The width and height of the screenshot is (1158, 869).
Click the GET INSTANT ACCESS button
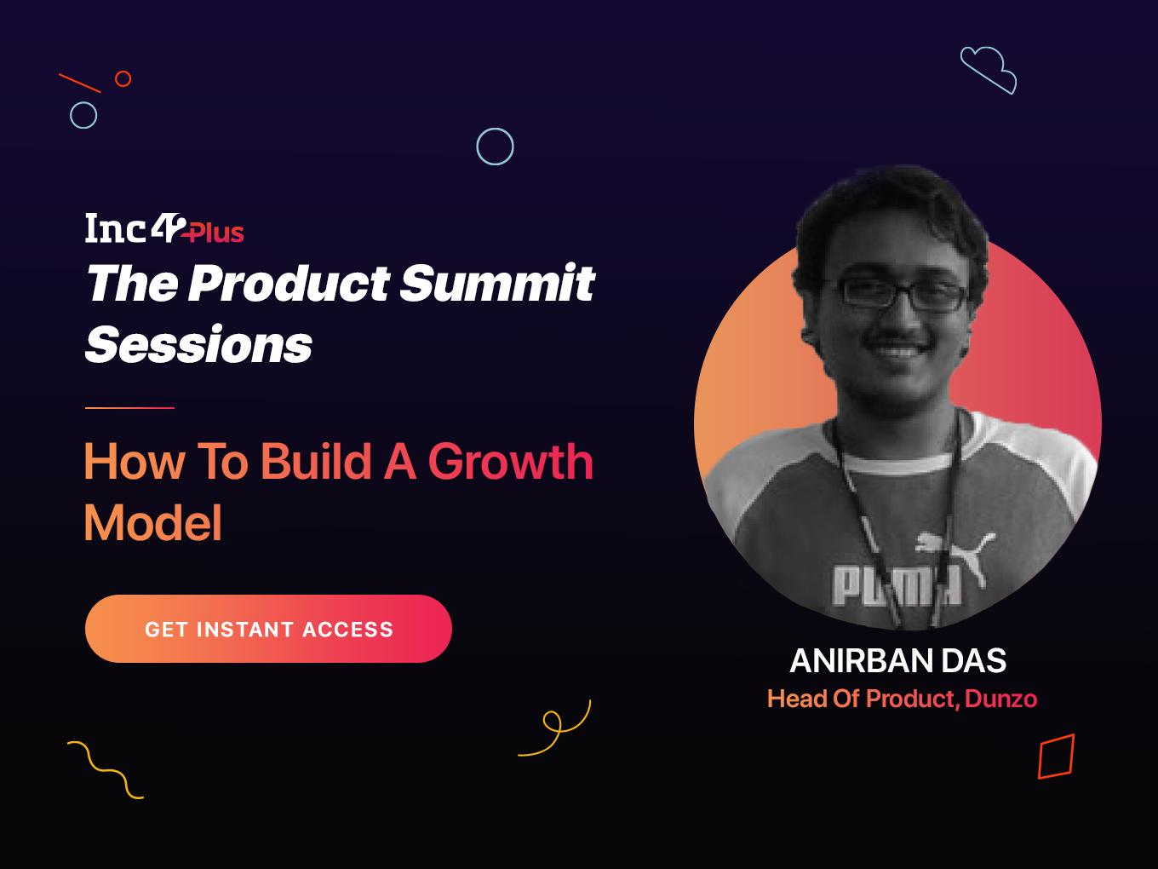tap(268, 629)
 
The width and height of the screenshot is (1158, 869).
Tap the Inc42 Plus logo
tap(164, 228)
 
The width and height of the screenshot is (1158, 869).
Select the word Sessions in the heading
tap(198, 344)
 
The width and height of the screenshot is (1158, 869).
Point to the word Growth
tap(511, 462)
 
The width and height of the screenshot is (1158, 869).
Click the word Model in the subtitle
tap(153, 522)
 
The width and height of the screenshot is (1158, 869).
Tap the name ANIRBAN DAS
tap(898, 660)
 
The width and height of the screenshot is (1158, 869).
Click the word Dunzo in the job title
tap(1000, 699)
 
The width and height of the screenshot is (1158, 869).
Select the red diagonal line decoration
tap(80, 83)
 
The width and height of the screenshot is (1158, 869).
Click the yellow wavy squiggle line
tap(106, 771)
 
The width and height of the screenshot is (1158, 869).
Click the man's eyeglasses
tap(903, 293)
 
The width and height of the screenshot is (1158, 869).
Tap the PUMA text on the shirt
tap(897, 585)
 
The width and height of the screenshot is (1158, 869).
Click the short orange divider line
tap(129, 408)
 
